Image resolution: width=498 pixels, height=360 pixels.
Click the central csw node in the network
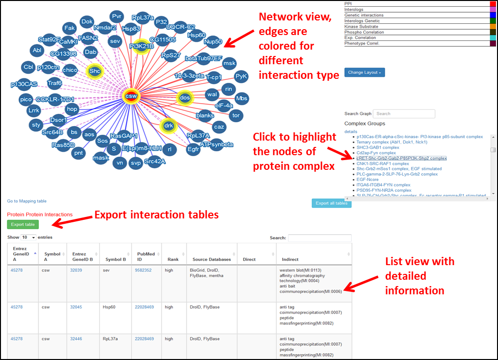[131, 96]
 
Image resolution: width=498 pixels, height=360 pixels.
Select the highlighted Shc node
[94, 72]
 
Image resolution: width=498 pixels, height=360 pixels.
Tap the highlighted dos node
[185, 98]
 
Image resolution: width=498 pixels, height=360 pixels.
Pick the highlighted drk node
[168, 126]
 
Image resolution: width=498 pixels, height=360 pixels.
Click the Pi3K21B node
[142, 46]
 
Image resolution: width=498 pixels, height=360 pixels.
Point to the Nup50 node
[213, 42]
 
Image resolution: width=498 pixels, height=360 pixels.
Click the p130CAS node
[24, 84]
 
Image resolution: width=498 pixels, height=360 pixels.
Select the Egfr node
[194, 149]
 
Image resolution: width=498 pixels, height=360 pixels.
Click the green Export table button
[23, 224]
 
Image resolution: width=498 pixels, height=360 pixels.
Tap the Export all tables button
[331, 203]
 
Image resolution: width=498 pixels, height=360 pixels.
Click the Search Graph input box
[404, 114]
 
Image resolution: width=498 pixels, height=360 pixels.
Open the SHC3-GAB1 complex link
[377, 147]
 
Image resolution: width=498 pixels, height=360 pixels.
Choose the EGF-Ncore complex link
[368, 180]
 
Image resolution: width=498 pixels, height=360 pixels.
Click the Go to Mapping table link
[27, 201]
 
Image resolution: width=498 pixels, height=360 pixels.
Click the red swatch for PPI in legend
[493, 4]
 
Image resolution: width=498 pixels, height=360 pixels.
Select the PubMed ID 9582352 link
[143, 270]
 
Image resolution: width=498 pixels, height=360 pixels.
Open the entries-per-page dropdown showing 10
[29, 237]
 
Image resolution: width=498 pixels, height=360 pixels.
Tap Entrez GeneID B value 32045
[76, 307]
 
